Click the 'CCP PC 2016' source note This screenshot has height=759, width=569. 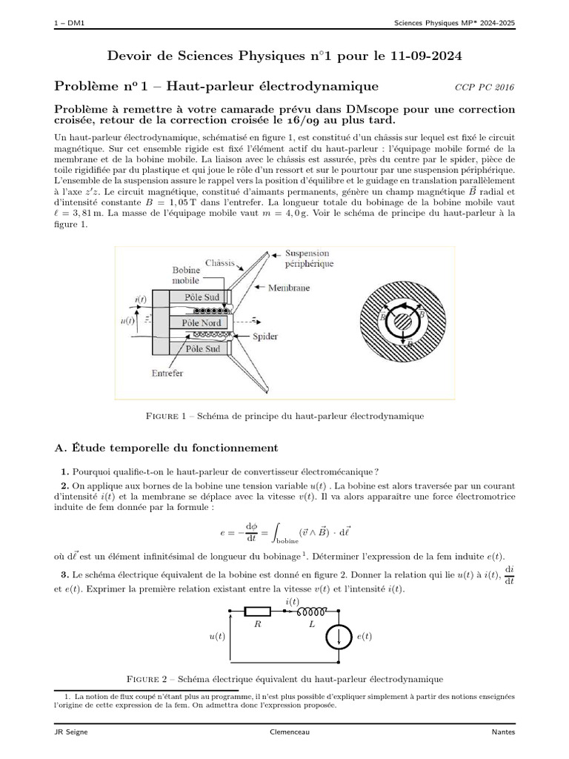[x=484, y=87]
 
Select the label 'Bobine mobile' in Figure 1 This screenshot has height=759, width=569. [x=185, y=276]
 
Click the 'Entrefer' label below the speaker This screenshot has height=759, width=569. [x=167, y=374]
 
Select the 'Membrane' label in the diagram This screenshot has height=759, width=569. [x=289, y=288]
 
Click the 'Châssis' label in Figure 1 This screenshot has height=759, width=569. [x=219, y=263]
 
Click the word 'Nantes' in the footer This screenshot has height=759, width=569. [x=503, y=732]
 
